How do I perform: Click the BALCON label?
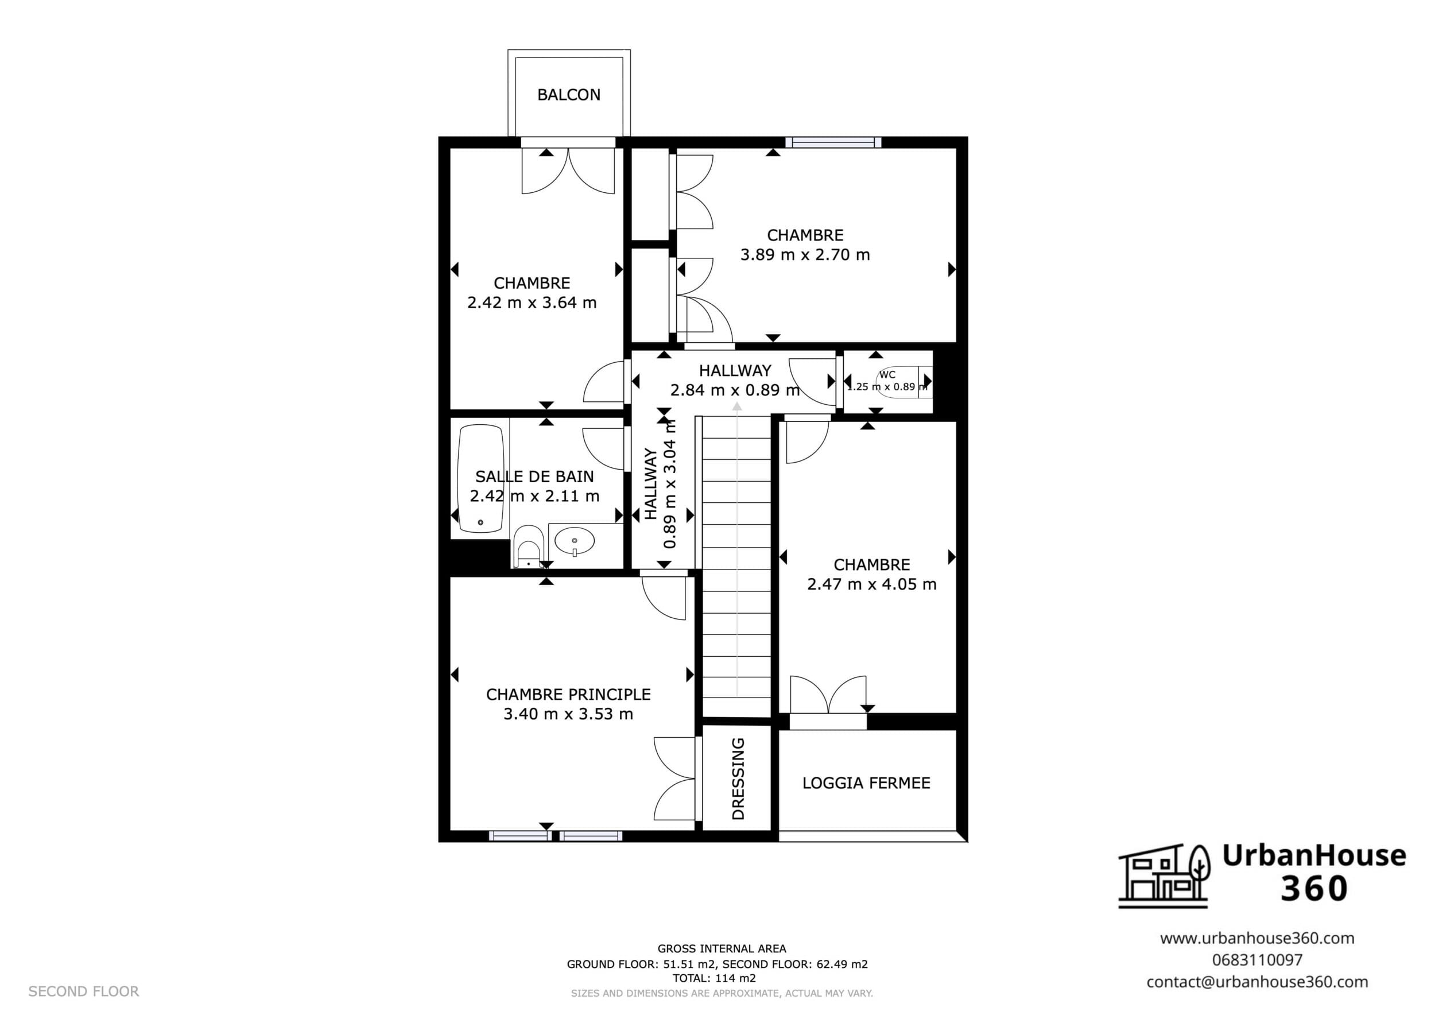coord(569,94)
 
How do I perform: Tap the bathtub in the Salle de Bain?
coord(480,479)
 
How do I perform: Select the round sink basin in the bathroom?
coord(575,541)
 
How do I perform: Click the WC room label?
coord(887,374)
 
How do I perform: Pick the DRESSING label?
coord(738,778)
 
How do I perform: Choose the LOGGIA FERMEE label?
coord(866,783)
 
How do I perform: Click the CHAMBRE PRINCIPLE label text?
coord(568,695)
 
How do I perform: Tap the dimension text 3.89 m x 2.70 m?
coord(805,254)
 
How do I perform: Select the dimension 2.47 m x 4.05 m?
coord(872,584)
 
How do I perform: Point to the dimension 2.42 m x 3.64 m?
coord(532,303)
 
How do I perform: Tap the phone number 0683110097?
coord(1258,959)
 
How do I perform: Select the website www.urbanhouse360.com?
coord(1258,938)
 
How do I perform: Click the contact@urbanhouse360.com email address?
coord(1258,982)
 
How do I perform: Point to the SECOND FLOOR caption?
coord(84,991)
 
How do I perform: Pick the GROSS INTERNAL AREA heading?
coord(722,949)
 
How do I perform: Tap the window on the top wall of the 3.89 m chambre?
coord(833,142)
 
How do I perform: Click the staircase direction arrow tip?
coord(737,404)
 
